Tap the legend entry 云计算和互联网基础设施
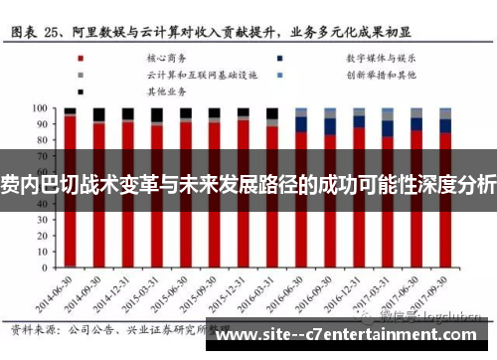(188, 74)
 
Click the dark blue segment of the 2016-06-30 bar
(301, 124)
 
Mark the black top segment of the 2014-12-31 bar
(127, 113)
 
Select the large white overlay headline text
(248, 183)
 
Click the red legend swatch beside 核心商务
(81, 58)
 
